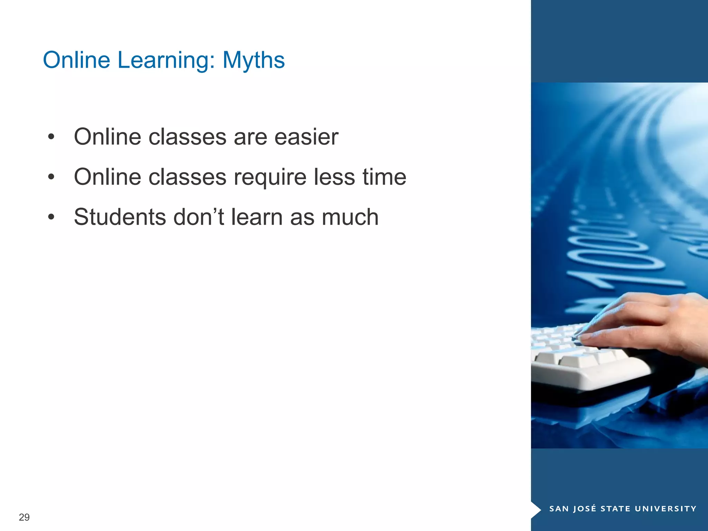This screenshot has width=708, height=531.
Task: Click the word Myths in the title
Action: coord(253,60)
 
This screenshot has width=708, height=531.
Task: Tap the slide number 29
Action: coord(24,517)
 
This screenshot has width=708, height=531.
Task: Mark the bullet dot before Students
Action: coord(51,217)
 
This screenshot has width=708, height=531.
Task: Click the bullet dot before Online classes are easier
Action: coord(51,137)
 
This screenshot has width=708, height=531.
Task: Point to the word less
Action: coord(334,177)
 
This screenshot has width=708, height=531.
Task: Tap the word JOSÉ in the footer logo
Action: coord(585,509)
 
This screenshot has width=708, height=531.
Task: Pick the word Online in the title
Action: coord(76,60)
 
